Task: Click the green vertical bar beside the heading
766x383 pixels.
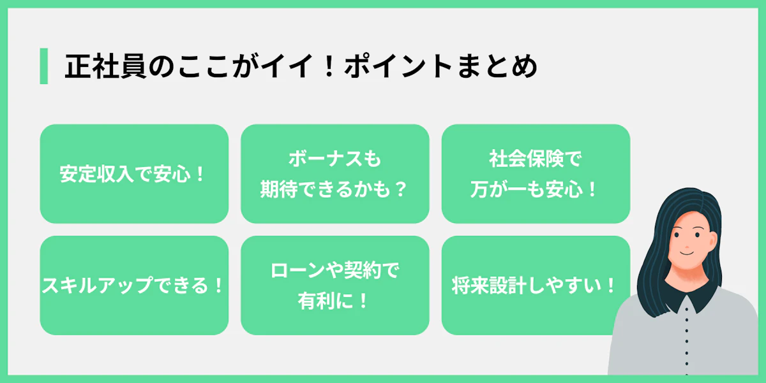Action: coord(43,66)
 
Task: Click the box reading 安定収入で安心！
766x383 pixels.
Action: coord(134,173)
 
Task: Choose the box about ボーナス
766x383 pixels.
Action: coord(334,173)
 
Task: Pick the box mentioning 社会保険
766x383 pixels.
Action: coord(536,173)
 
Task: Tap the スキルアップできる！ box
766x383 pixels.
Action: coord(134,285)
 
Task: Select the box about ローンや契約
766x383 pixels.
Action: coord(334,285)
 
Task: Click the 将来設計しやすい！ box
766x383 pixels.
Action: coord(536,285)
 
